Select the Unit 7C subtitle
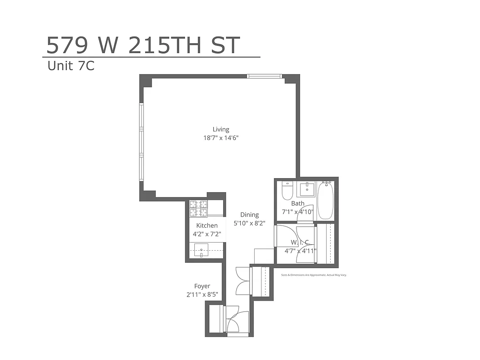[x=71, y=66]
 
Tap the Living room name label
[x=220, y=130]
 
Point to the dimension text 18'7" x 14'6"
[x=220, y=138]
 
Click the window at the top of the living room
[x=265, y=76]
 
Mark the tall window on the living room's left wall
[x=141, y=142]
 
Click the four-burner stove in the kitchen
[x=198, y=208]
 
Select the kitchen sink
[x=202, y=251]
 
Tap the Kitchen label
[x=206, y=225]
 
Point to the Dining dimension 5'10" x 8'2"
[x=249, y=223]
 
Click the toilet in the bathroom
[x=287, y=190]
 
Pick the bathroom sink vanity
[x=307, y=189]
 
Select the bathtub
[x=326, y=200]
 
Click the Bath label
[x=297, y=203]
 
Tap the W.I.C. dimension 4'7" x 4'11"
[x=301, y=251]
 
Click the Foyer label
[x=202, y=286]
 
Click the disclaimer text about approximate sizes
[x=314, y=274]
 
